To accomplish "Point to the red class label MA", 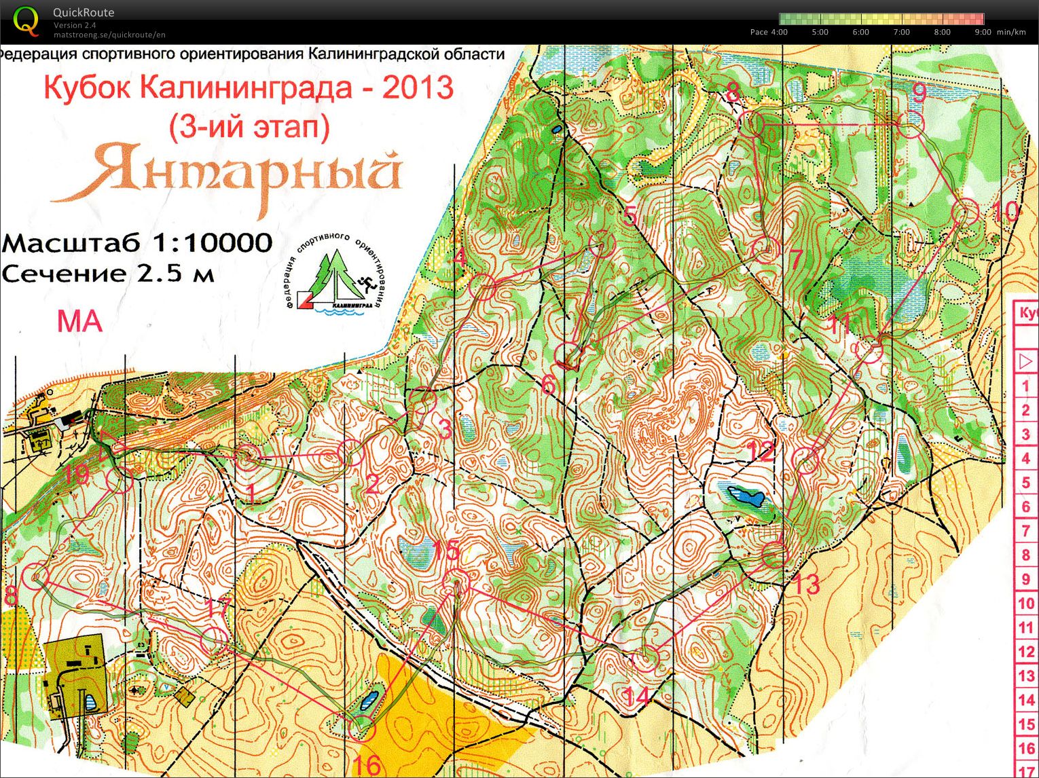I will pyautogui.click(x=79, y=321).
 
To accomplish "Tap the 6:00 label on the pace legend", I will pyautogui.click(x=860, y=32).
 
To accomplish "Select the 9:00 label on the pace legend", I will pyautogui.click(x=983, y=32).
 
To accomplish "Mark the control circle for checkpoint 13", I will pyautogui.click(x=775, y=555).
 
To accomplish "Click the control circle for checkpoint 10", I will pyautogui.click(x=965, y=212).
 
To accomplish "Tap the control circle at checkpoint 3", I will pyautogui.click(x=424, y=399).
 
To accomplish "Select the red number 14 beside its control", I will pyautogui.click(x=636, y=696).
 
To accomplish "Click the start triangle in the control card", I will pyautogui.click(x=1025, y=361).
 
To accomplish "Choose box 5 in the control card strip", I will pyautogui.click(x=1025, y=483).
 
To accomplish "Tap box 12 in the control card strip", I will pyautogui.click(x=1025, y=652).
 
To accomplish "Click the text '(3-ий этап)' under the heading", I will pyautogui.click(x=250, y=127).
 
